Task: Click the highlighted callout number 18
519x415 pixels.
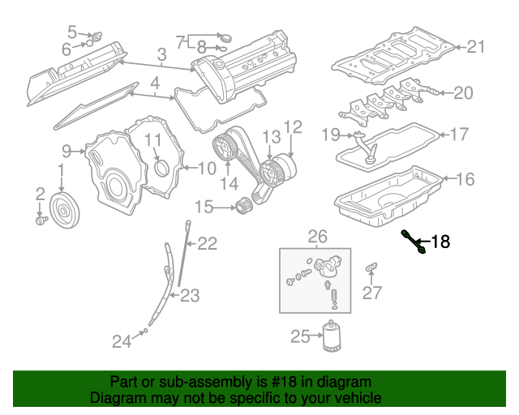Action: point(440,241)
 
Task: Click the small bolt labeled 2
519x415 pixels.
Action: point(41,219)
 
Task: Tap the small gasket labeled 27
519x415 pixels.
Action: point(372,266)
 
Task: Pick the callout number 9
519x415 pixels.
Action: point(67,150)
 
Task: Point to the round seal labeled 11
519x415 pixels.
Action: point(161,169)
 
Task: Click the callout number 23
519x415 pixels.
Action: point(189,296)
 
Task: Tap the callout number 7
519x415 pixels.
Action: point(180,41)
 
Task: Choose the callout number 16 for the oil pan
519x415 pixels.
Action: point(465,179)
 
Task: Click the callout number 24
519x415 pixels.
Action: point(121,342)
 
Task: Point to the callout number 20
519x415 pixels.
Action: point(462,93)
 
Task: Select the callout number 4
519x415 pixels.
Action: point(155,83)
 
